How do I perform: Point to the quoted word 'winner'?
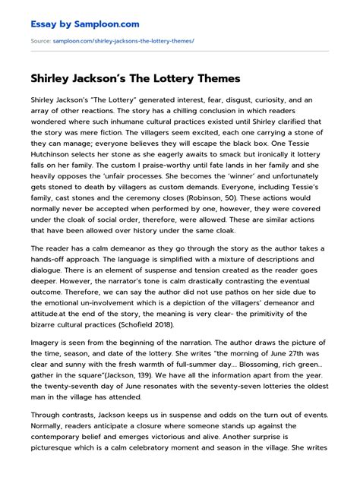[212, 174]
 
